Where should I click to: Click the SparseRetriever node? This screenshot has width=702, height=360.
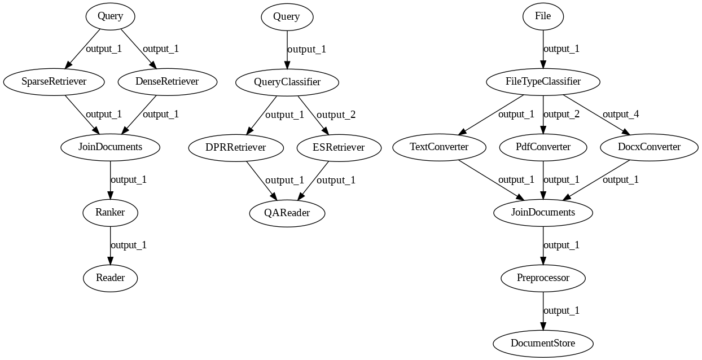click(x=54, y=82)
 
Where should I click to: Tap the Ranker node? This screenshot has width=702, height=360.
click(x=110, y=213)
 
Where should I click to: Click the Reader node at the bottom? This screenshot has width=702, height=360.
click(x=110, y=278)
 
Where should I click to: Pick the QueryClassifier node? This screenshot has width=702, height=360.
click(x=287, y=82)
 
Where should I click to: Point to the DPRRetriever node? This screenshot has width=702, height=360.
click(x=236, y=148)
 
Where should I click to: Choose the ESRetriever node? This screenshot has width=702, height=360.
click(x=339, y=148)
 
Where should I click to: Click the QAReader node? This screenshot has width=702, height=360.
click(x=287, y=213)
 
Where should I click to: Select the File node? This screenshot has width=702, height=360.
click(x=543, y=16)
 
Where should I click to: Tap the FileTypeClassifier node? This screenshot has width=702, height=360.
click(x=543, y=82)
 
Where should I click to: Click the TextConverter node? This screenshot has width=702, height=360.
click(x=439, y=147)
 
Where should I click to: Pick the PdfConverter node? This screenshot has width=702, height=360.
click(x=543, y=147)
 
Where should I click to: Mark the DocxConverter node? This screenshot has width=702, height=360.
click(x=648, y=147)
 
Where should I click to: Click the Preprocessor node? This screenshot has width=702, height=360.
click(x=543, y=278)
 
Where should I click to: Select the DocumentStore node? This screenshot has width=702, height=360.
click(x=543, y=344)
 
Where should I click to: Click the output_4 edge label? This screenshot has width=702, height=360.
click(x=621, y=115)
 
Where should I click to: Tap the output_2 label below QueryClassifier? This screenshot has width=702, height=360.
click(x=336, y=115)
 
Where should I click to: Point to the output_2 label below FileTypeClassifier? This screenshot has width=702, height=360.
click(x=561, y=115)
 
